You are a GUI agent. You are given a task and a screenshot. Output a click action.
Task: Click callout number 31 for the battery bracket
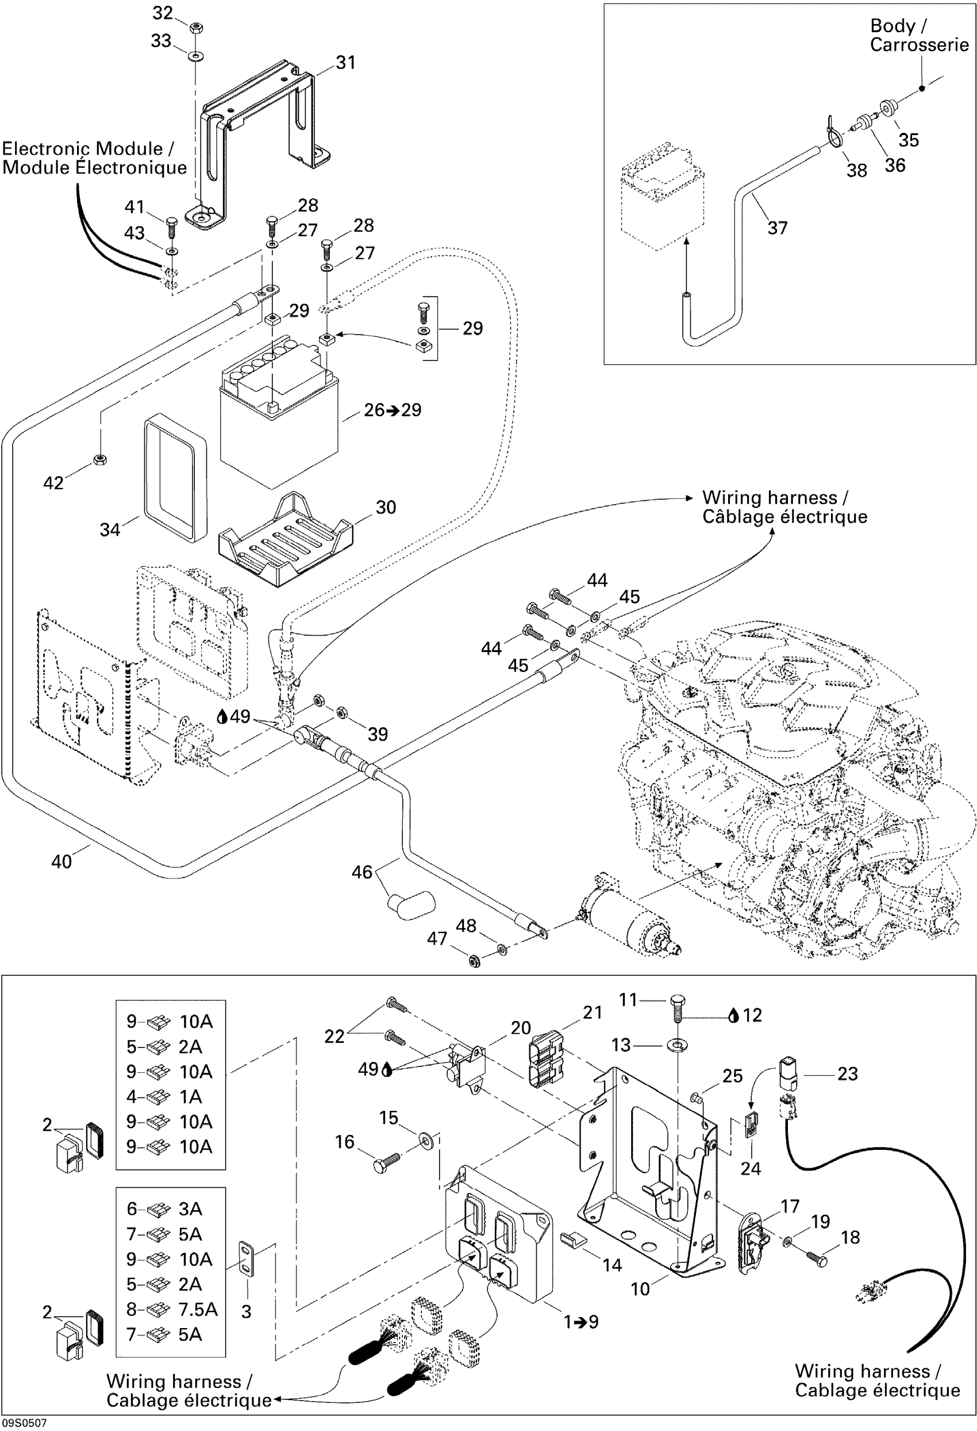[345, 62]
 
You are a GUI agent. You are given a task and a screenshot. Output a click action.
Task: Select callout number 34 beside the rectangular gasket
[110, 529]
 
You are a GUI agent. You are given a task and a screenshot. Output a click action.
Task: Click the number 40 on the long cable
[61, 861]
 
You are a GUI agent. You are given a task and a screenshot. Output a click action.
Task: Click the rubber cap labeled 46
[411, 904]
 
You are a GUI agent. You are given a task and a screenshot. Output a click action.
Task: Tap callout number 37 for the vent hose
[777, 228]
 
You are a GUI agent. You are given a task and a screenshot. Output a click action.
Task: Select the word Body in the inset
[892, 26]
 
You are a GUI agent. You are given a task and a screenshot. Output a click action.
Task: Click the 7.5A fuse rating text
[198, 1309]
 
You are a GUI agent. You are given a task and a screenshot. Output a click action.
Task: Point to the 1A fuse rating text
[190, 1096]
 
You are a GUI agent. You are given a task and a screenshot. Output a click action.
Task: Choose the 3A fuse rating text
[190, 1209]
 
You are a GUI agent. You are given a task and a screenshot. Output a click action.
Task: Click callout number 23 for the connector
[847, 1074]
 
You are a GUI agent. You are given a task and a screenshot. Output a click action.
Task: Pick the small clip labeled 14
[574, 1238]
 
